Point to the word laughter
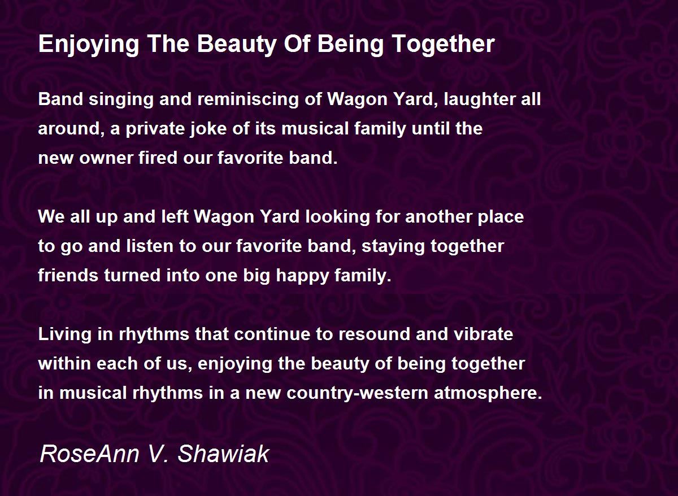480,99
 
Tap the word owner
106,158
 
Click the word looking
337,217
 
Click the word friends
68,276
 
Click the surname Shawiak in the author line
223,454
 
